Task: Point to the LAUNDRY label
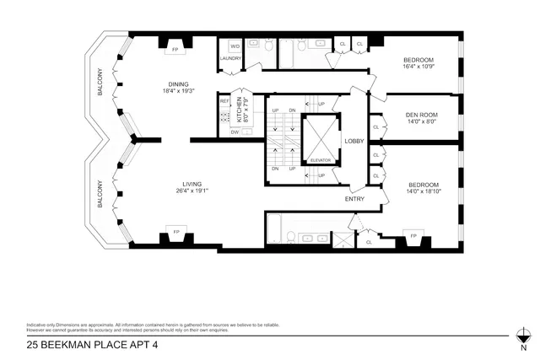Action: coord(230,58)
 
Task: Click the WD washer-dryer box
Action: coord(235,46)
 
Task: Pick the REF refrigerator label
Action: coord(224,101)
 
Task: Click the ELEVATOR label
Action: coord(321,159)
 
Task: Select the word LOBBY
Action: coord(353,142)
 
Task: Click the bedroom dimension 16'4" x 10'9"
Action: coord(418,67)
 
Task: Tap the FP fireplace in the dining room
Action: coord(175,50)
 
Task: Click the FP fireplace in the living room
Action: coord(177,231)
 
